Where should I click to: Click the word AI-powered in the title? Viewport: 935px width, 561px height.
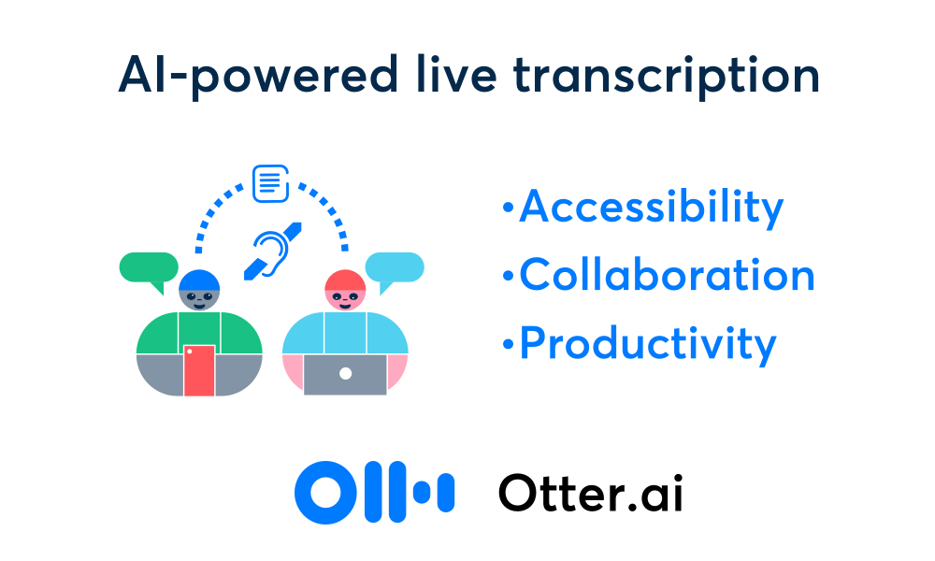[258, 75]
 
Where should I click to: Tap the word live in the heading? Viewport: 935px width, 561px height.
[456, 74]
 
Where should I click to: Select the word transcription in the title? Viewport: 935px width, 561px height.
[667, 77]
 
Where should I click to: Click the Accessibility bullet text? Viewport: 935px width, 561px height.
[651, 208]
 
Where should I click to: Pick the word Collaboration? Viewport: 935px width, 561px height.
[668, 275]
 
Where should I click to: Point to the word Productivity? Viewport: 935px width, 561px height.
[648, 344]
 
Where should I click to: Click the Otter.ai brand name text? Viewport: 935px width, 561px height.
[590, 493]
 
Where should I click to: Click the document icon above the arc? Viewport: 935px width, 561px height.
[271, 183]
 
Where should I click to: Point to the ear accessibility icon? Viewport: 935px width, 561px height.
[273, 251]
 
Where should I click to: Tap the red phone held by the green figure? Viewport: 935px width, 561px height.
[199, 370]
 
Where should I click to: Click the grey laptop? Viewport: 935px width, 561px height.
[345, 374]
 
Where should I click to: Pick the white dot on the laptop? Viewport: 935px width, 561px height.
[345, 374]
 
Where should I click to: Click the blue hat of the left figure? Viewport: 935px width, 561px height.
[199, 280]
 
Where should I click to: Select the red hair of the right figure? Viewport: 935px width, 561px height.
[345, 280]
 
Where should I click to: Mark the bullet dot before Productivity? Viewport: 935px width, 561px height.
[508, 344]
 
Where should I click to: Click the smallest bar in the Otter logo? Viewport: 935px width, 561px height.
[423, 493]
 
